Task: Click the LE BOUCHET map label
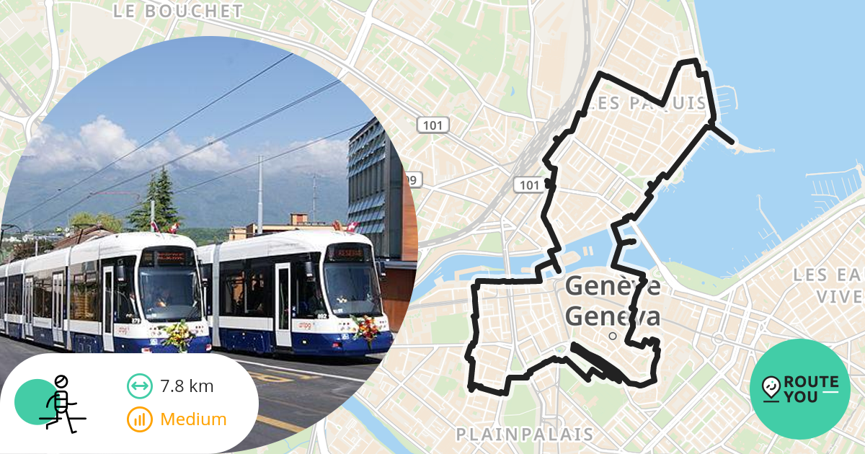click(178, 11)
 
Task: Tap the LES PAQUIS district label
click(647, 103)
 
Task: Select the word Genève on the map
click(613, 286)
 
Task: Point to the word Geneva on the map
click(613, 317)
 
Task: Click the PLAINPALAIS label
click(525, 434)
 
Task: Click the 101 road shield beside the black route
click(530, 185)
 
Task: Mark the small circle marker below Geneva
click(613, 336)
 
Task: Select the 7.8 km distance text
click(187, 386)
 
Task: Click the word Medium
click(193, 419)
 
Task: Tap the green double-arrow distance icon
click(139, 386)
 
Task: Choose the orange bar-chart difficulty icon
click(139, 419)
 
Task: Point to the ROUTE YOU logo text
click(810, 389)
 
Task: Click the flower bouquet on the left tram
click(177, 334)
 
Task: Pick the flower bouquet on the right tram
click(365, 328)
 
